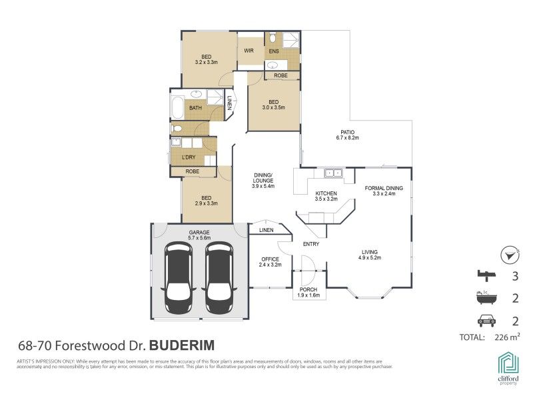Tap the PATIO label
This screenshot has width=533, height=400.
click(347, 132)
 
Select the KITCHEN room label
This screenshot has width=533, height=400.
click(326, 193)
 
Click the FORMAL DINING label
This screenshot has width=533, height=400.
click(384, 188)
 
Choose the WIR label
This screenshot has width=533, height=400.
click(249, 50)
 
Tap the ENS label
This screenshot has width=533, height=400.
click(274, 51)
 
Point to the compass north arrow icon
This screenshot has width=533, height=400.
click(510, 255)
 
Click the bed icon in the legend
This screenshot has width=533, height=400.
click(486, 275)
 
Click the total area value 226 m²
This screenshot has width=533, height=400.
click(507, 337)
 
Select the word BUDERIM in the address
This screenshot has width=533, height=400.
click(181, 346)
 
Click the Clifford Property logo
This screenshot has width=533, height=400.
click(508, 369)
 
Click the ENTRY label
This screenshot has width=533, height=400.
click(310, 244)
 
